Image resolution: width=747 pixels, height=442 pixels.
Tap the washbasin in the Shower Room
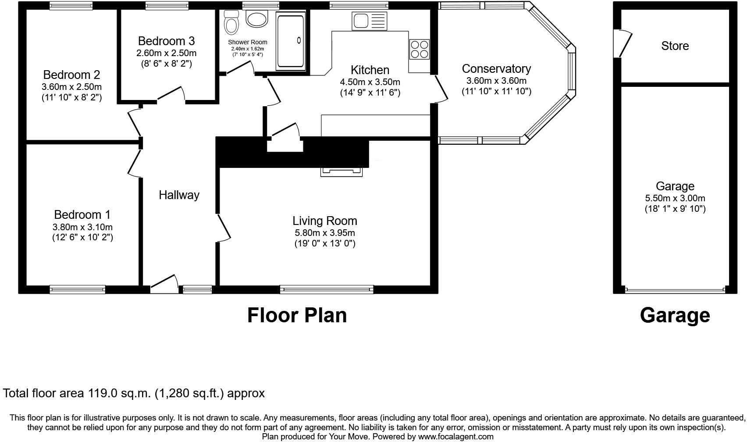pos(257,18)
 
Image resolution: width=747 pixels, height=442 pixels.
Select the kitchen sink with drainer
pos(369,21)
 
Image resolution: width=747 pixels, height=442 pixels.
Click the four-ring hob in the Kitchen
pos(420,50)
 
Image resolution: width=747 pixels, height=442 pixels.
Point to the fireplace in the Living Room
pos(341,171)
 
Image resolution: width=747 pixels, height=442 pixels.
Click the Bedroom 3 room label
pos(167,41)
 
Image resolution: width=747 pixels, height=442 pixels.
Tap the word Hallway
pos(179,195)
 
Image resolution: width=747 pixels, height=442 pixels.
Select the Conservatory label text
pos(496,69)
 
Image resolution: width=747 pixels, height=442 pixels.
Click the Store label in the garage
pos(675,46)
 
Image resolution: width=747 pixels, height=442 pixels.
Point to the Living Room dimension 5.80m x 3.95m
pos(325,232)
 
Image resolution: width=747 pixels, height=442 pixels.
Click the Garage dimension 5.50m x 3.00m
pos(675,198)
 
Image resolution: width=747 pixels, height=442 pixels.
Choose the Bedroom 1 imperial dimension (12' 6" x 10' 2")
pos(83,238)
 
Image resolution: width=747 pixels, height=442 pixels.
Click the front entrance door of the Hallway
pos(164,284)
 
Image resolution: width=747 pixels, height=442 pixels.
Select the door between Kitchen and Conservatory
pos(441,89)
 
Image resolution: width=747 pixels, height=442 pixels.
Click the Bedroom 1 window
pos(77,289)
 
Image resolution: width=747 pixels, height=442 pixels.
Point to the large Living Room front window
pos(327,289)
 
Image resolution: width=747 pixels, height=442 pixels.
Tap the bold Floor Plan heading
pos(297,315)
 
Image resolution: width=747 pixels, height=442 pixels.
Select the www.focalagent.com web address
pos(455,437)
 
